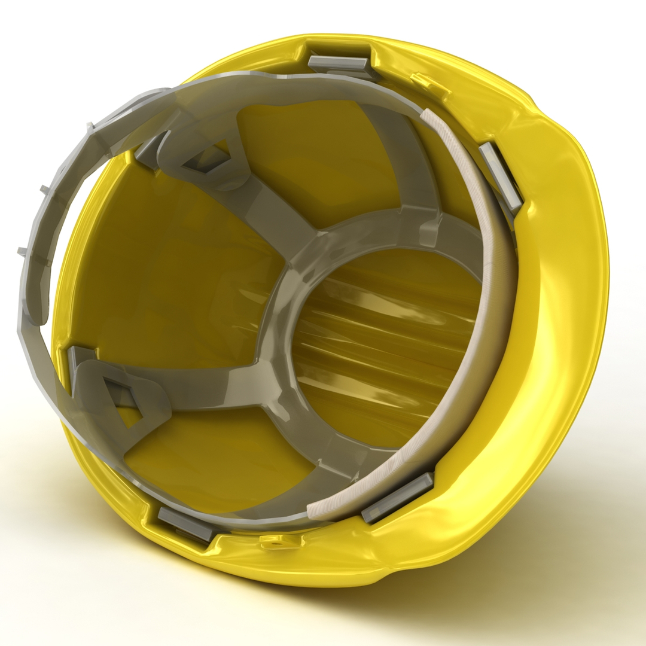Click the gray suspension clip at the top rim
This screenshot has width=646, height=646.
[339, 63]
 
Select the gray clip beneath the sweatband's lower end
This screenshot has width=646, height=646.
[397, 497]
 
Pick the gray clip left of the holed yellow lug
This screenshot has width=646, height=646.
[185, 524]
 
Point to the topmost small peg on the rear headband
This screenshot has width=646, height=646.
[90, 127]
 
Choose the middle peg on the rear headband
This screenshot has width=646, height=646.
[45, 190]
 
